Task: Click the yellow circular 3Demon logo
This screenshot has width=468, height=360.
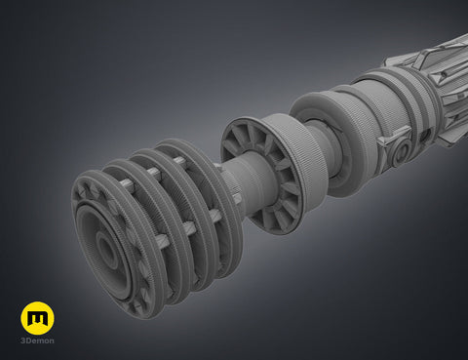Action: (x=37, y=318)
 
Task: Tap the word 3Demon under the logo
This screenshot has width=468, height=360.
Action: (x=37, y=340)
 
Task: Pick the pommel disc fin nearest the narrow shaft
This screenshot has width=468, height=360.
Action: (x=208, y=202)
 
